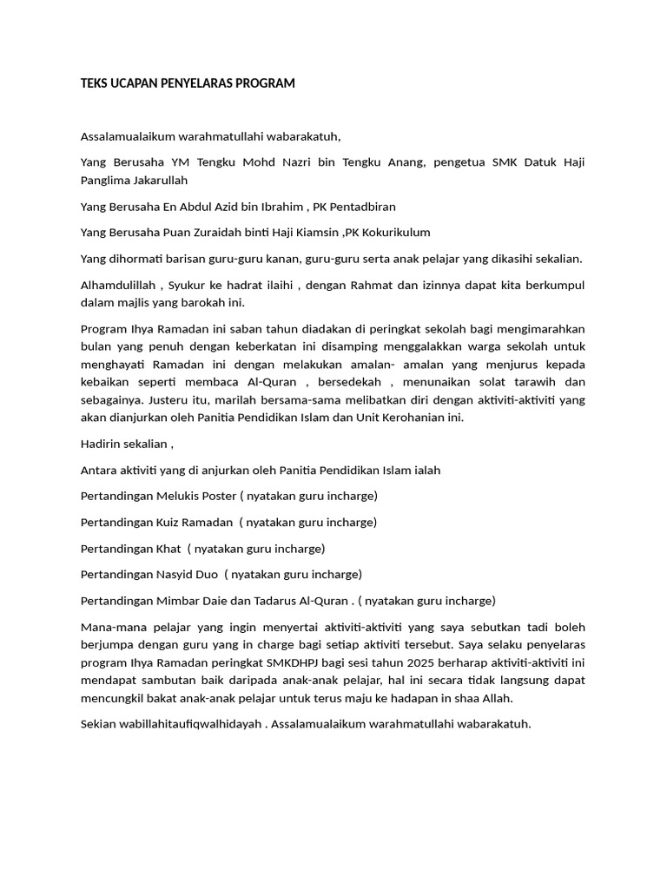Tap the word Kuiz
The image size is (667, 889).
(x=168, y=523)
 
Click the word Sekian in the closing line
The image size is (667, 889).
(x=99, y=722)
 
